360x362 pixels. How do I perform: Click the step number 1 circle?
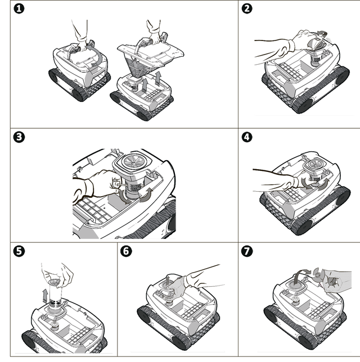[19, 9]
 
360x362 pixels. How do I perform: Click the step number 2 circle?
[247, 9]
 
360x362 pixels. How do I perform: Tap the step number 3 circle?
[19, 137]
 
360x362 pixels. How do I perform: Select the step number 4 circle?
[247, 137]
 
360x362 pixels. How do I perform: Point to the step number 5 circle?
[19, 251]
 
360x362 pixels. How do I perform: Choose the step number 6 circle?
[126, 251]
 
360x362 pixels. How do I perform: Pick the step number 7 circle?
[247, 251]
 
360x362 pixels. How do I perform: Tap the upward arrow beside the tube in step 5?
[46, 296]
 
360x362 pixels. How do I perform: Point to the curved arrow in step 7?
[300, 274]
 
